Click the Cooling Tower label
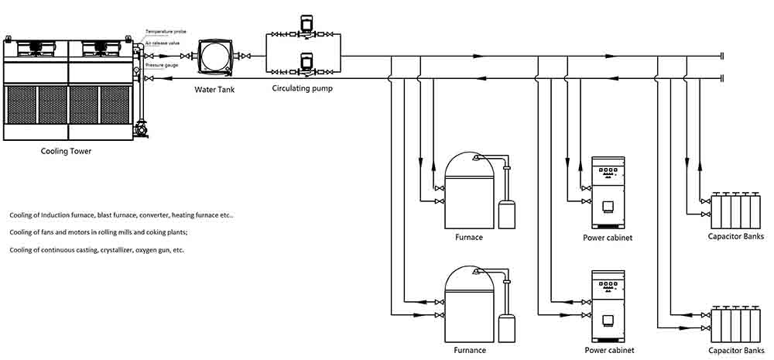66,152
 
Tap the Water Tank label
214,89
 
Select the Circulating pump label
303,89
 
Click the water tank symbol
214,58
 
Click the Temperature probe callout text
166,32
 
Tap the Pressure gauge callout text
162,65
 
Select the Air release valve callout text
163,43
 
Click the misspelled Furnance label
470,350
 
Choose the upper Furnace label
469,237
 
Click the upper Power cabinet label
608,238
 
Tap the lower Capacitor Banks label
736,350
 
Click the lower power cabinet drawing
608,306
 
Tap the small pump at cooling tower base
141,129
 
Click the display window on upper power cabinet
608,205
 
